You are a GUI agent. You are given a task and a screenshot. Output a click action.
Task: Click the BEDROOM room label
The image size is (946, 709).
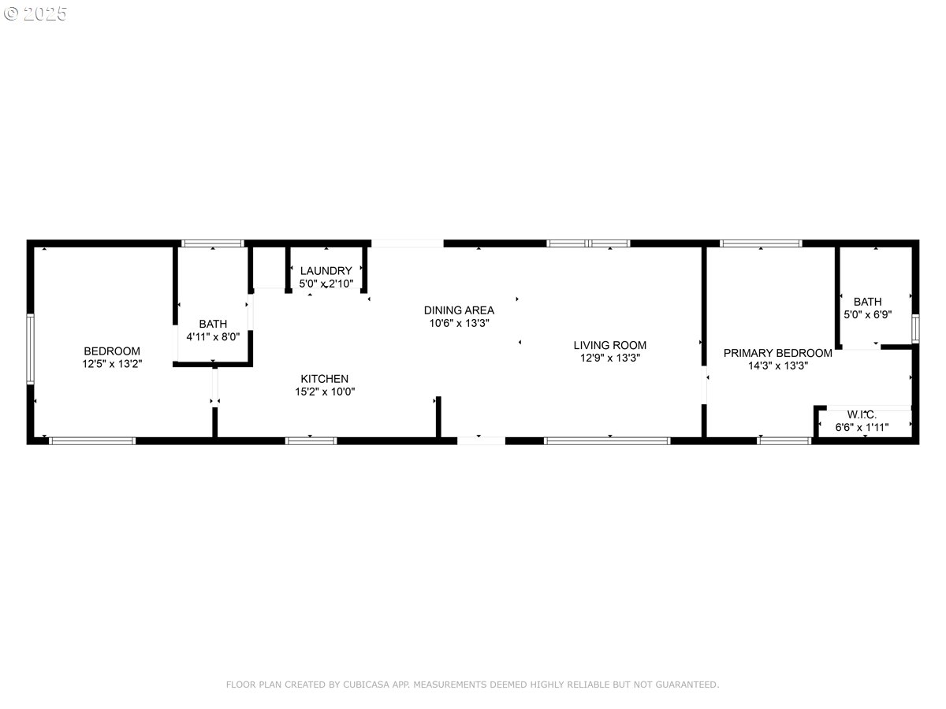[x=112, y=351]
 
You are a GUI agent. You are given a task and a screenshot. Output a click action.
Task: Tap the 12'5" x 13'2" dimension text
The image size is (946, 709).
[x=112, y=363]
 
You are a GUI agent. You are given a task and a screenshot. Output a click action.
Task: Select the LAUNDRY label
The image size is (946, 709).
[x=326, y=271]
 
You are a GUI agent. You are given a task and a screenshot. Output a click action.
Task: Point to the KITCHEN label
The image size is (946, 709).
[x=324, y=379]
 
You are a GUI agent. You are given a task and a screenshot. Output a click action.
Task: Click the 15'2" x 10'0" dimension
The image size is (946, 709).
[x=324, y=392]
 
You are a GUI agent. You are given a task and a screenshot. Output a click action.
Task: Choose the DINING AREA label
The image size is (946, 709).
[x=459, y=310]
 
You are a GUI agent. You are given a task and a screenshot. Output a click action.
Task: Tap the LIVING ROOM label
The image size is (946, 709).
[x=609, y=345]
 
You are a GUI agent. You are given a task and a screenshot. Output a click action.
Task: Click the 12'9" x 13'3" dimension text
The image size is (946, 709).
[x=609, y=358]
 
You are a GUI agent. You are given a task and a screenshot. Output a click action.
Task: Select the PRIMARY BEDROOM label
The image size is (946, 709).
[x=777, y=353]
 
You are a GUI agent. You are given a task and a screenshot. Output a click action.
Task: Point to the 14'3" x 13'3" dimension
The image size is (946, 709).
[x=777, y=366]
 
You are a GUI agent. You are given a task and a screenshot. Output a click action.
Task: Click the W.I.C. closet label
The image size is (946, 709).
[x=862, y=414]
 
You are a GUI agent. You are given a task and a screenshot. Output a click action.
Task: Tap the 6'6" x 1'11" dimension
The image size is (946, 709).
[x=862, y=427]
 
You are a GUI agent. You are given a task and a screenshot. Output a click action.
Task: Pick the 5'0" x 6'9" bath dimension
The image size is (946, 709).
[x=867, y=314]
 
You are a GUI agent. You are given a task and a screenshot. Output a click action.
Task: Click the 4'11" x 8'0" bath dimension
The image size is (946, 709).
[x=213, y=336]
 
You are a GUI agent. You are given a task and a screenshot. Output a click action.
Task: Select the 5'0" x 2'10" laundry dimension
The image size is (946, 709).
[x=326, y=284]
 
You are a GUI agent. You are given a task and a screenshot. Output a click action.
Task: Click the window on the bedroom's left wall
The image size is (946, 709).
[x=31, y=349]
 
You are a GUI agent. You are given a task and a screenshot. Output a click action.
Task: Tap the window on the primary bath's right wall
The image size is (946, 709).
[x=915, y=329]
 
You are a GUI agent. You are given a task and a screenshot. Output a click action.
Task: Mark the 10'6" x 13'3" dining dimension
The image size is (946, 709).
[x=459, y=323]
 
